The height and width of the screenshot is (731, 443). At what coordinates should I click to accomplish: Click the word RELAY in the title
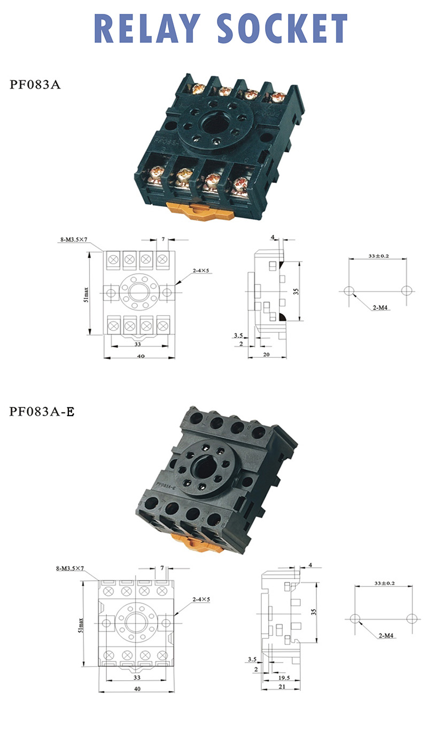tap(147, 28)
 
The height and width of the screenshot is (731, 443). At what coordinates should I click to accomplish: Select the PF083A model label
tap(35, 84)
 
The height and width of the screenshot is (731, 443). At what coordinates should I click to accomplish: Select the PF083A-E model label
tap(42, 412)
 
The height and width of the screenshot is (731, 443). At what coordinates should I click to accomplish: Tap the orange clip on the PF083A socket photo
tap(200, 211)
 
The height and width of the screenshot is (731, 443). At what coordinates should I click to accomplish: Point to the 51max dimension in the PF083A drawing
tap(86, 294)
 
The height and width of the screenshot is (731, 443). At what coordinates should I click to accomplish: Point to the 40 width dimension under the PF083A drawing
tap(141, 356)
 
